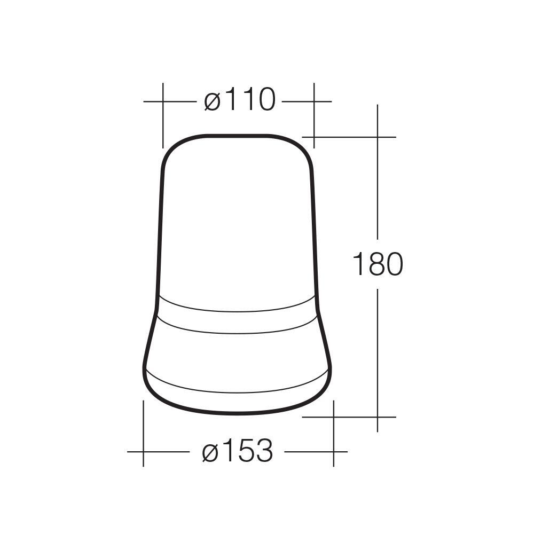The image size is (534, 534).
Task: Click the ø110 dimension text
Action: pyautogui.click(x=240, y=100)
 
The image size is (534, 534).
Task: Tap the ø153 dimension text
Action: pyautogui.click(x=238, y=451)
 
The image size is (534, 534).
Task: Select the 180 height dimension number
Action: pyautogui.click(x=377, y=264)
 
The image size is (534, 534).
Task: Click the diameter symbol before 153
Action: pyautogui.click(x=210, y=452)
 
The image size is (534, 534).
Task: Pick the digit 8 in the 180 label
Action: pyautogui.click(x=377, y=264)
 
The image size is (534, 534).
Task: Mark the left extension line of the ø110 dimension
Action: pyautogui.click(x=163, y=115)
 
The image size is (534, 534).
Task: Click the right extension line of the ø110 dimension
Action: pyautogui.click(x=313, y=115)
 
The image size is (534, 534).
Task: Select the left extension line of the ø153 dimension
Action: pyautogui.click(x=143, y=433)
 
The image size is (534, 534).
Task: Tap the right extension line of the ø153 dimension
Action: pyautogui.click(x=334, y=433)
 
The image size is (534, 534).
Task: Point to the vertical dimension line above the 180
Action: pyautogui.click(x=378, y=187)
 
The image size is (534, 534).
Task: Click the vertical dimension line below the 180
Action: pyautogui.click(x=378, y=352)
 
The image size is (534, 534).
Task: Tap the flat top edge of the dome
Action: pyautogui.click(x=238, y=136)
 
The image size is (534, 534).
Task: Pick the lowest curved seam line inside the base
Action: pyautogui.click(x=238, y=392)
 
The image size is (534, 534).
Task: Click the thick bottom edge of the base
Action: pyautogui.click(x=238, y=413)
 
